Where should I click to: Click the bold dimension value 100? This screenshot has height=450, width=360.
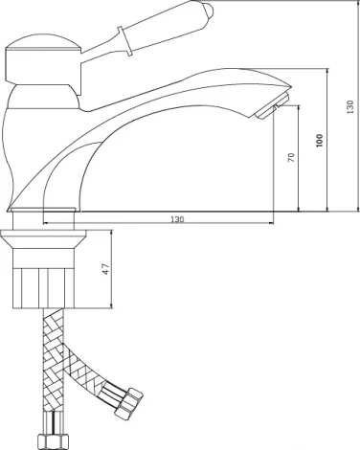tap(320, 141)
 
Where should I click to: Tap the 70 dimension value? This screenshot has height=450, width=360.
tap(291, 158)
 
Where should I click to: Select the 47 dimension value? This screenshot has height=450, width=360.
tap(106, 269)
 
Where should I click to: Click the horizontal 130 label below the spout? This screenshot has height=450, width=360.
tap(177, 219)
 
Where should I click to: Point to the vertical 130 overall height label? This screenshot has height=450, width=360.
tap(350, 107)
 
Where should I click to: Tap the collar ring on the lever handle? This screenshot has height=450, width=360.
tap(124, 41)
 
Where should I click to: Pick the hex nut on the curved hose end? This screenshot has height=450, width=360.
tap(129, 402)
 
